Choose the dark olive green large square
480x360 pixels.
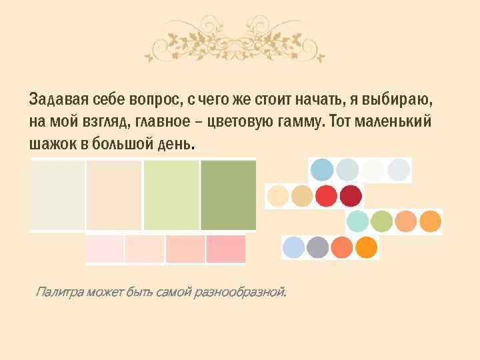(x=228, y=195)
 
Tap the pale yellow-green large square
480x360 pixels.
(x=171, y=195)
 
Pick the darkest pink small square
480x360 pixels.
(x=225, y=249)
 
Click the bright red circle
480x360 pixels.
(x=326, y=197)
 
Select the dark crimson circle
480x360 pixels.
(x=351, y=197)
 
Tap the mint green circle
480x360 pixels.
(x=358, y=221)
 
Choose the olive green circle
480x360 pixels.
(x=381, y=221)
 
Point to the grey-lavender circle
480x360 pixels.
(x=318, y=247)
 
